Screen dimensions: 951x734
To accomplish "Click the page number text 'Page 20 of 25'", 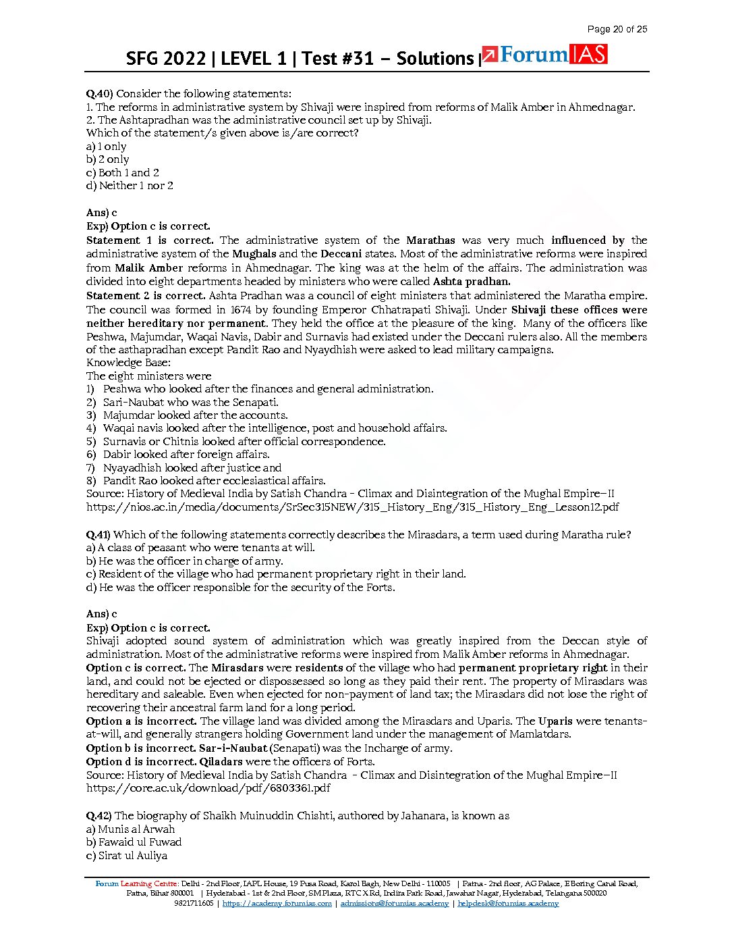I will tap(617, 29).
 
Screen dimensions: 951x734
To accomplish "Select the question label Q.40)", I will tap(100, 94).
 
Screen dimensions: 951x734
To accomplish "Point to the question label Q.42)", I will tap(99, 816).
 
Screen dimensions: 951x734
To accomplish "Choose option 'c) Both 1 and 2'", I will tap(122, 173).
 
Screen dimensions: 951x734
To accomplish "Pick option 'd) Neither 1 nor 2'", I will tap(130, 186).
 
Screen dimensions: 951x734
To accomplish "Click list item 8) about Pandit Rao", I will tap(206, 481).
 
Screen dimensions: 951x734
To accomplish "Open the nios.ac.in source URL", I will tap(352, 507).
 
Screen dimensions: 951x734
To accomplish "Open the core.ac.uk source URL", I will tap(208, 788).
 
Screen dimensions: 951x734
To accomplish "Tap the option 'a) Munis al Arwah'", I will tap(130, 829).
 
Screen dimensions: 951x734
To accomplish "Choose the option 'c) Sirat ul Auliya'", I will tap(127, 856).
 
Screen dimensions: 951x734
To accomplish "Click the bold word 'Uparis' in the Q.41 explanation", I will tap(556, 721).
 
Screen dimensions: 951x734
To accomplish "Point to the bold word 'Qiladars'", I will tap(221, 762).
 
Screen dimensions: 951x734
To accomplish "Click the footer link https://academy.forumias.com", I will tap(277, 904).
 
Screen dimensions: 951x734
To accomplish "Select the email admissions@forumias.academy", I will tap(394, 904).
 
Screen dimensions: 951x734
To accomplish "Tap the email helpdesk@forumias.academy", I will tap(507, 904).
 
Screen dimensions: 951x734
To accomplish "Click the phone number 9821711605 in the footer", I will tap(194, 904).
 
